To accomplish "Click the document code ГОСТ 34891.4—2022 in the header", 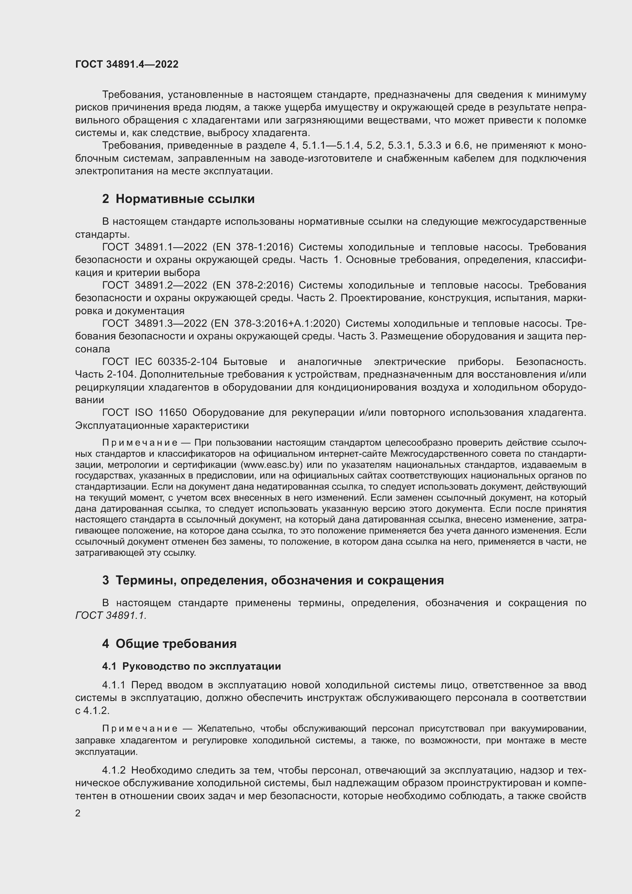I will tap(126, 64).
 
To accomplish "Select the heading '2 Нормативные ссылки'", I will tap(178, 199).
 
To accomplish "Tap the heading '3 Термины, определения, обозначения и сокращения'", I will tap(273, 580).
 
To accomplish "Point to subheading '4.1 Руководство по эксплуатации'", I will tap(191, 666).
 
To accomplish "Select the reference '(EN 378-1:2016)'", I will tap(253, 247).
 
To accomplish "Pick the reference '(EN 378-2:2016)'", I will tap(253, 286).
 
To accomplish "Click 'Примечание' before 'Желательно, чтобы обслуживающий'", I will tap(140, 729).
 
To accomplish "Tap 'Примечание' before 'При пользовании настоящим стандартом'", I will tap(140, 443).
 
